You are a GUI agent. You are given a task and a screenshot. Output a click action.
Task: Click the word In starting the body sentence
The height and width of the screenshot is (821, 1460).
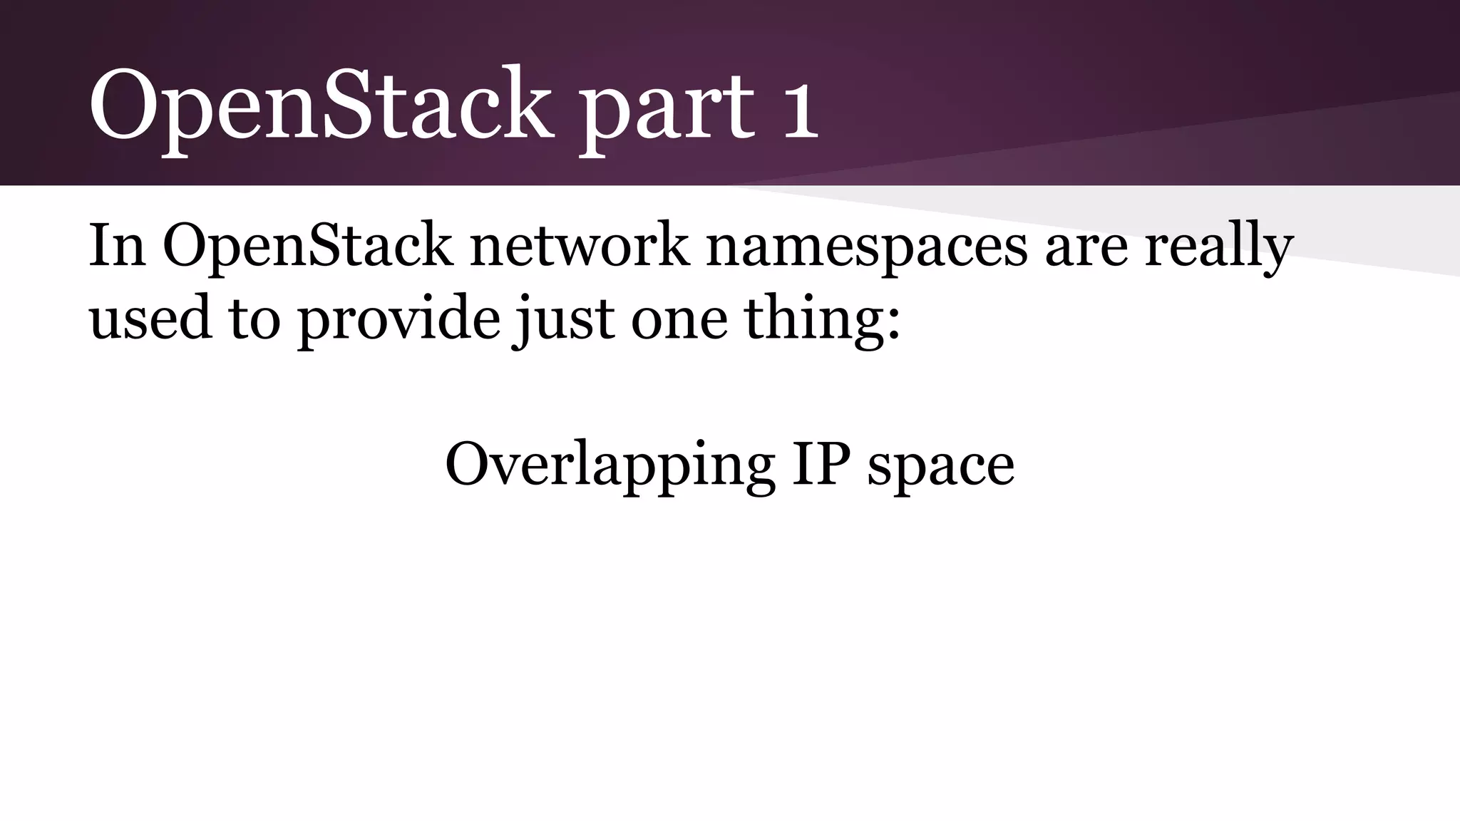coord(117,245)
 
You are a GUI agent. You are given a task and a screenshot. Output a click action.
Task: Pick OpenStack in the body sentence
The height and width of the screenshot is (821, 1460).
coord(307,247)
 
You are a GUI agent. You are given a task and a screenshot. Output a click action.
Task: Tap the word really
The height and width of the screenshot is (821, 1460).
coord(1219,247)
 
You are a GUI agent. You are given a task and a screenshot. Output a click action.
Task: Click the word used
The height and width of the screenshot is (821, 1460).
coord(150,318)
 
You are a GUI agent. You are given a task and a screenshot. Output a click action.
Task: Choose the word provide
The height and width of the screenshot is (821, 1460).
coord(399,319)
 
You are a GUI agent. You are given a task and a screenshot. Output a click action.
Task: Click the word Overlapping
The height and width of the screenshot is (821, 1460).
coord(610,465)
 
